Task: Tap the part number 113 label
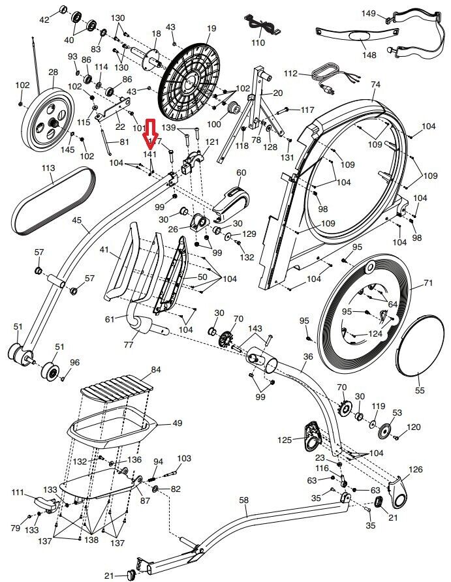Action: click(49, 168)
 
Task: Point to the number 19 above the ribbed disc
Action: click(211, 28)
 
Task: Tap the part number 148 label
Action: click(369, 55)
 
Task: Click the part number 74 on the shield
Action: click(375, 85)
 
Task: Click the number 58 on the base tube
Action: click(244, 500)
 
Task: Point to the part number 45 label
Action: click(78, 221)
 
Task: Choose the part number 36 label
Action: click(308, 356)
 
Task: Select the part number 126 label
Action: click(415, 470)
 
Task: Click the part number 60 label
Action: click(241, 172)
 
